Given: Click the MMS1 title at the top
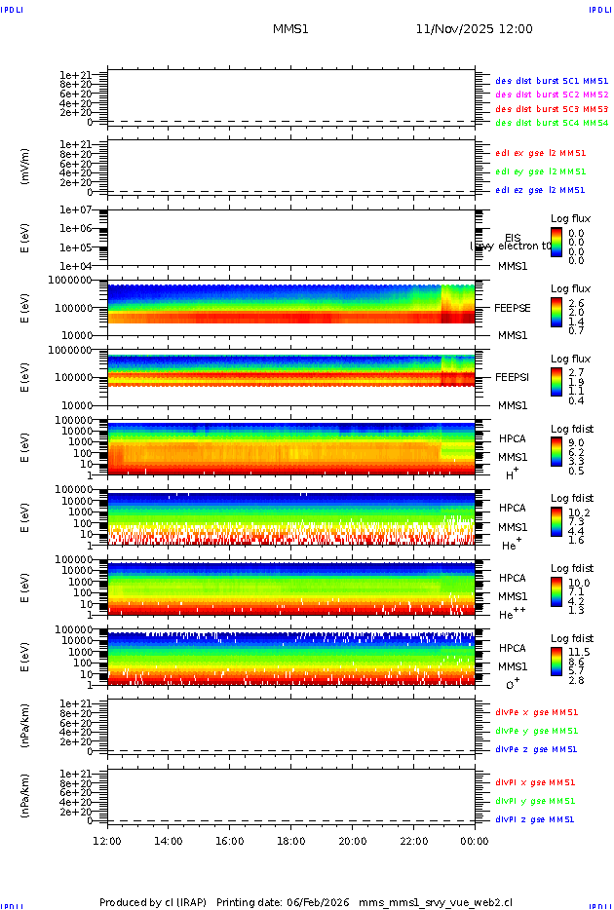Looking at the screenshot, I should [x=290, y=29].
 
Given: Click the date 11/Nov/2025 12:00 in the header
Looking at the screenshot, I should [x=474, y=29].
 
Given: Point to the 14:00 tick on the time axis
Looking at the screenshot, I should [x=169, y=840].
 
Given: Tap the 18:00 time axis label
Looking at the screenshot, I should [x=290, y=840].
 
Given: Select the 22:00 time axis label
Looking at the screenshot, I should [x=413, y=840].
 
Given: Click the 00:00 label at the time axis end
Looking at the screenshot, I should [x=475, y=840].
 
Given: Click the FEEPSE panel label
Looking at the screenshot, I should [x=513, y=307].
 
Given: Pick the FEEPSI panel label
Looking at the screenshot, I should [x=513, y=376].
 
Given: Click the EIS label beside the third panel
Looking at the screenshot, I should [x=513, y=238].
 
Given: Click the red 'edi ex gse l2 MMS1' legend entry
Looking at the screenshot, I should [x=541, y=153].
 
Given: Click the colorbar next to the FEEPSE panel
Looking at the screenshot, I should [x=556, y=311].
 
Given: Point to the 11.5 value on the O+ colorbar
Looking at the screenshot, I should [x=578, y=651].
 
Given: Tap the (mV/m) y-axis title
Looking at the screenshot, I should [x=25, y=167].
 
